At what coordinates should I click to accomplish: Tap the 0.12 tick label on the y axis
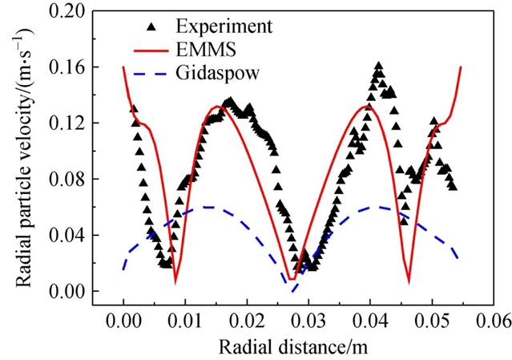coord(74,123)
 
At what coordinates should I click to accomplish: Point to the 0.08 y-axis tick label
coord(74,179)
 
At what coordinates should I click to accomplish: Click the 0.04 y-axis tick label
coord(74,235)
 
